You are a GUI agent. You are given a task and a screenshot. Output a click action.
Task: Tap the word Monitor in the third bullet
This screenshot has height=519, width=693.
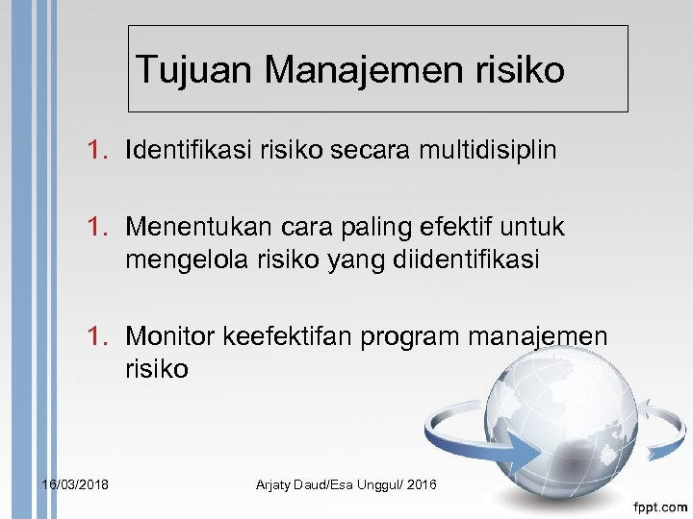[x=170, y=336]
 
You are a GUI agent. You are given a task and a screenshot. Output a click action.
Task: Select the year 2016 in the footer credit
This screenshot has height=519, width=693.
[x=421, y=483]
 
